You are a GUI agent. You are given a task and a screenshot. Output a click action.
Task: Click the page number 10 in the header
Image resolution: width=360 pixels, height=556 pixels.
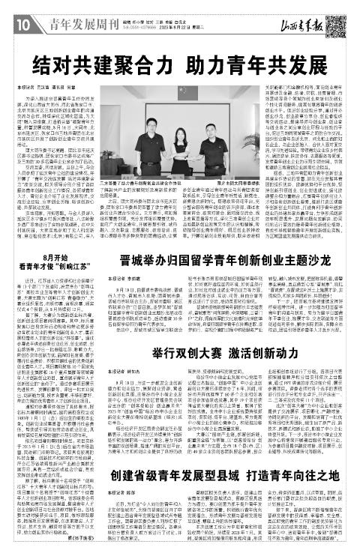(14, 10)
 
